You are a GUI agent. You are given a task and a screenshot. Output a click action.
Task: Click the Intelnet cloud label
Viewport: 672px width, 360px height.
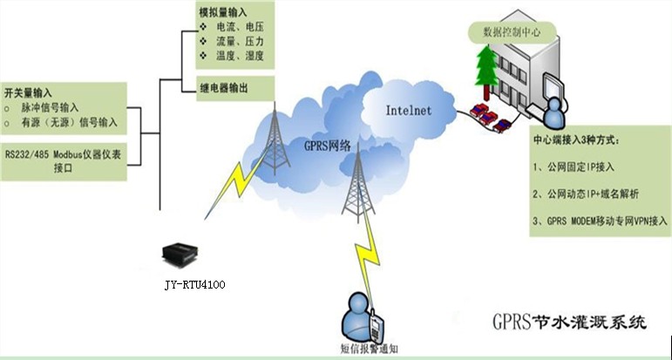coord(410,111)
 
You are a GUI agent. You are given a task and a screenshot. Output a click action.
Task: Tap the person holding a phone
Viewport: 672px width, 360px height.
coord(360,313)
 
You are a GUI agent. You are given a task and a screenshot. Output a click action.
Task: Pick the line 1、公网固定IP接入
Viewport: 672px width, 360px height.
coord(576,164)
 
